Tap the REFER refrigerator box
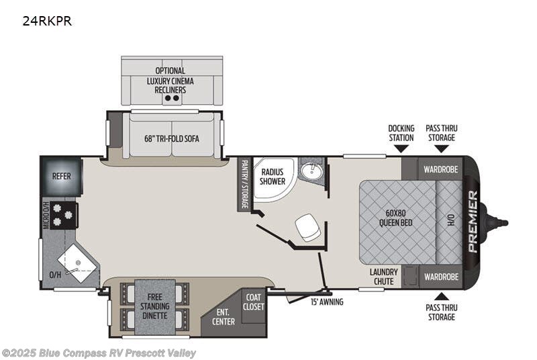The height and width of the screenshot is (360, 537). (62, 175)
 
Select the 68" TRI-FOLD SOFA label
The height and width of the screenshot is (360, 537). (171, 139)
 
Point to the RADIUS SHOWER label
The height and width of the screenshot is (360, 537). (273, 177)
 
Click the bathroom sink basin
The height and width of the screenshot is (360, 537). (310, 171)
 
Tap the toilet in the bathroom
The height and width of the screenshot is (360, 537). (308, 226)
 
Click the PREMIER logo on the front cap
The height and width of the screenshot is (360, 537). (473, 222)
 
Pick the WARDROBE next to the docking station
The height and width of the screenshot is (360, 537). (440, 169)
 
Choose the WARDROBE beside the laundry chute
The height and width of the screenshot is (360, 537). (440, 276)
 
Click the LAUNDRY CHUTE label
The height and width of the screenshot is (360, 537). (384, 277)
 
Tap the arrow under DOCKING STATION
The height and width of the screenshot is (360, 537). (401, 148)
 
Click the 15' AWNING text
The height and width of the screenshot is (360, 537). (326, 302)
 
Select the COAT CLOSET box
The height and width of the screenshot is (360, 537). (253, 302)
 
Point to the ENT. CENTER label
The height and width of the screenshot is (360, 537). (224, 317)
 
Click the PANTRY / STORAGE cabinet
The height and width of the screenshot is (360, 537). (244, 184)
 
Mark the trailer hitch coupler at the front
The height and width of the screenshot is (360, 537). (501, 222)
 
